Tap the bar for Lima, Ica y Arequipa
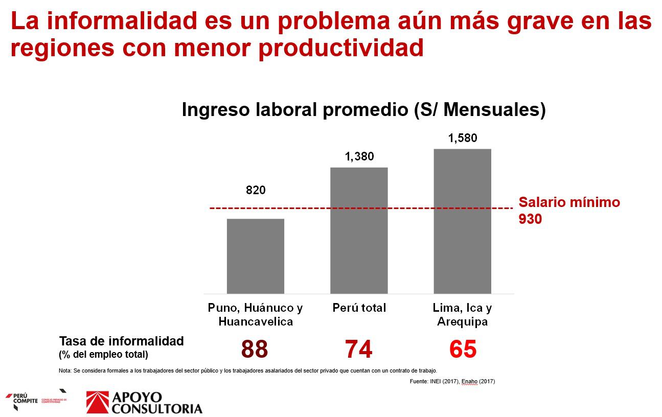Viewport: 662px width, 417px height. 462,221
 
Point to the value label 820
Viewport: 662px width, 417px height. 256,190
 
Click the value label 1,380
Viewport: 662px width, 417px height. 359,156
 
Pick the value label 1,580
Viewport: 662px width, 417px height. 463,138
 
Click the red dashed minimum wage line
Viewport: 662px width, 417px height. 307,208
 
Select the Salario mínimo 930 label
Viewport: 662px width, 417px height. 568,211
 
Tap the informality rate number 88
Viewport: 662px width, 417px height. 254,350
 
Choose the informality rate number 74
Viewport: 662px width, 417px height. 358,350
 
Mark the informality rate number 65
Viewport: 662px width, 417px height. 463,350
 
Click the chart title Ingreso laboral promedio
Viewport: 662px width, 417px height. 363,110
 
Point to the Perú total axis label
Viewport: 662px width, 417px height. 359,308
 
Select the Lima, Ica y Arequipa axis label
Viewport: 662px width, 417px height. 462,315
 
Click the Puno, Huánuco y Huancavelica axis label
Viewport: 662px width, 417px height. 255,315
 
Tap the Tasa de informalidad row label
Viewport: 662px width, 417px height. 121,346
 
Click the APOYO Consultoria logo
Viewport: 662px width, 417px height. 144,402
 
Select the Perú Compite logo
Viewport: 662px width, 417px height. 36,400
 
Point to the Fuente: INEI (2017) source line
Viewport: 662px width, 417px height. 452,381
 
